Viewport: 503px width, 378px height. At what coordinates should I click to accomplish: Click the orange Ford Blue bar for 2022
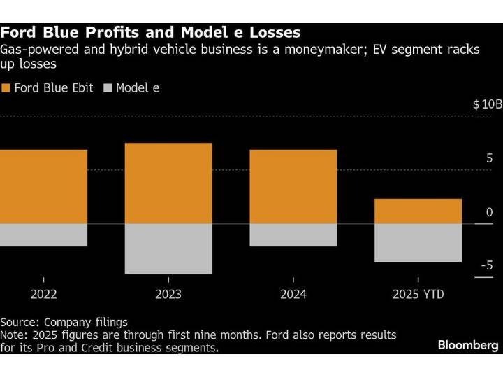coord(43,186)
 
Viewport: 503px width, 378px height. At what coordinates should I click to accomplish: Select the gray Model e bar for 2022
coord(43,234)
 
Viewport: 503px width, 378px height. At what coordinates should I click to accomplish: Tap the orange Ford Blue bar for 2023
coord(168,183)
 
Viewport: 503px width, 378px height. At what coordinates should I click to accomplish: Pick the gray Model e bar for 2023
coord(168,248)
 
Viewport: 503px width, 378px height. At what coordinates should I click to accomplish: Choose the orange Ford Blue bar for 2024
coord(293,186)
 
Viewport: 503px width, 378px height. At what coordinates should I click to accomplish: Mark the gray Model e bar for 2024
coord(293,234)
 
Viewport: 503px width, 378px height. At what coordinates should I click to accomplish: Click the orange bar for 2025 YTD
coord(418,211)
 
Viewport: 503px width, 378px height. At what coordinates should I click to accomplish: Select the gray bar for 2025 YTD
coord(418,242)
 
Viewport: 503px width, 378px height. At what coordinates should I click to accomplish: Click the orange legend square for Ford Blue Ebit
coord(6,88)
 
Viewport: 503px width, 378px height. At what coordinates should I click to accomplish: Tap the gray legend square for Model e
coord(108,88)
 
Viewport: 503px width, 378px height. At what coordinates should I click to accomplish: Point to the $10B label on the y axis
coord(487,104)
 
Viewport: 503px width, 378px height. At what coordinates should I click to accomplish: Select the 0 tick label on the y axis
coord(489,212)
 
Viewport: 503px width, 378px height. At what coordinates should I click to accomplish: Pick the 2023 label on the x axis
coord(168,295)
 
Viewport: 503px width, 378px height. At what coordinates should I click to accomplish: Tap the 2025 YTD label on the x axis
coord(418,295)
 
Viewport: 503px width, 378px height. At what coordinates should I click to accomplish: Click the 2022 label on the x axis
coord(43,295)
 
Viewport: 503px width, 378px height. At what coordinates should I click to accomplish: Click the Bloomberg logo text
coord(468,345)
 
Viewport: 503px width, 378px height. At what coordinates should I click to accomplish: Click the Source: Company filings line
coord(64,322)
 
